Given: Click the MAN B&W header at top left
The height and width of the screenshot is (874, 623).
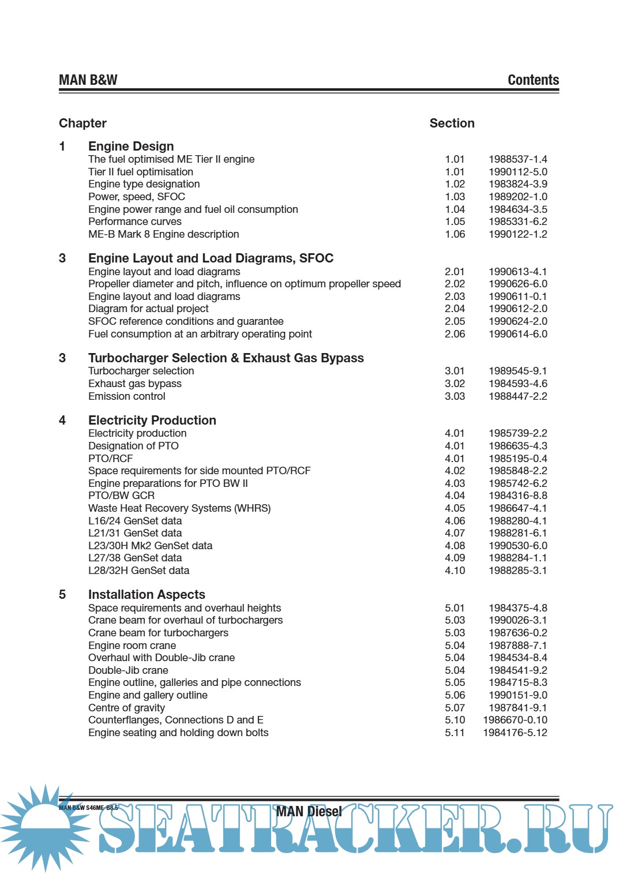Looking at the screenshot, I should (x=88, y=80).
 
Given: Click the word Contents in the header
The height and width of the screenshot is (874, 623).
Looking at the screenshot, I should (x=533, y=80).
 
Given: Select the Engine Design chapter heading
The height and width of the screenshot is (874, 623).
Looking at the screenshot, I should (x=131, y=147).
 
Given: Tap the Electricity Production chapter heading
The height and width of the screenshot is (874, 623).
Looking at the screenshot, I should (x=152, y=421).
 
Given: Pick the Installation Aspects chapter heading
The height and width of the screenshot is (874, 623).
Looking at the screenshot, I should (x=147, y=595).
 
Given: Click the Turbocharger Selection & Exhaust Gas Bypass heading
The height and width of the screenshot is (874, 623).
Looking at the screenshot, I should (x=226, y=358).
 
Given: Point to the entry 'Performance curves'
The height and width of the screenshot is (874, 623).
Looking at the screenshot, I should (x=135, y=222).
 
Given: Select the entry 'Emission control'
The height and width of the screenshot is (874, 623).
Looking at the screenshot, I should (x=127, y=396).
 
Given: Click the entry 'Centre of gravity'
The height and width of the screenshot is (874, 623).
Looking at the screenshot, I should (x=127, y=708).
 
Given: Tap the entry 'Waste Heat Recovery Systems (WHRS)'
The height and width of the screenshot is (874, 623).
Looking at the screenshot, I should (x=179, y=508).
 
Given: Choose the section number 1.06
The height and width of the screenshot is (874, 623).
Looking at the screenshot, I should (x=455, y=234).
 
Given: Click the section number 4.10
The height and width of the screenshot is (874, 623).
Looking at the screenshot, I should (x=455, y=571).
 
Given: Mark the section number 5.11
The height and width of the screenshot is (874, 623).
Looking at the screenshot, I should (x=455, y=733).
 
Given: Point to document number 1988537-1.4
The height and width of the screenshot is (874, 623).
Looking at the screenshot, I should (x=518, y=159).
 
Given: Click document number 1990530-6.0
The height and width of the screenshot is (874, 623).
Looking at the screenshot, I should (x=518, y=546).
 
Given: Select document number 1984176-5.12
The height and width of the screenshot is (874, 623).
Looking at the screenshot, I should (x=515, y=733).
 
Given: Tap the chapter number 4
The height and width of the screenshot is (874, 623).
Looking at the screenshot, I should (x=62, y=421).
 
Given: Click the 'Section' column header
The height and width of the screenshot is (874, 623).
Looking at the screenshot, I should (x=452, y=123).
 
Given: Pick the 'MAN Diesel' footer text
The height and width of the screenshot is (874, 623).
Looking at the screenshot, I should (x=309, y=812).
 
